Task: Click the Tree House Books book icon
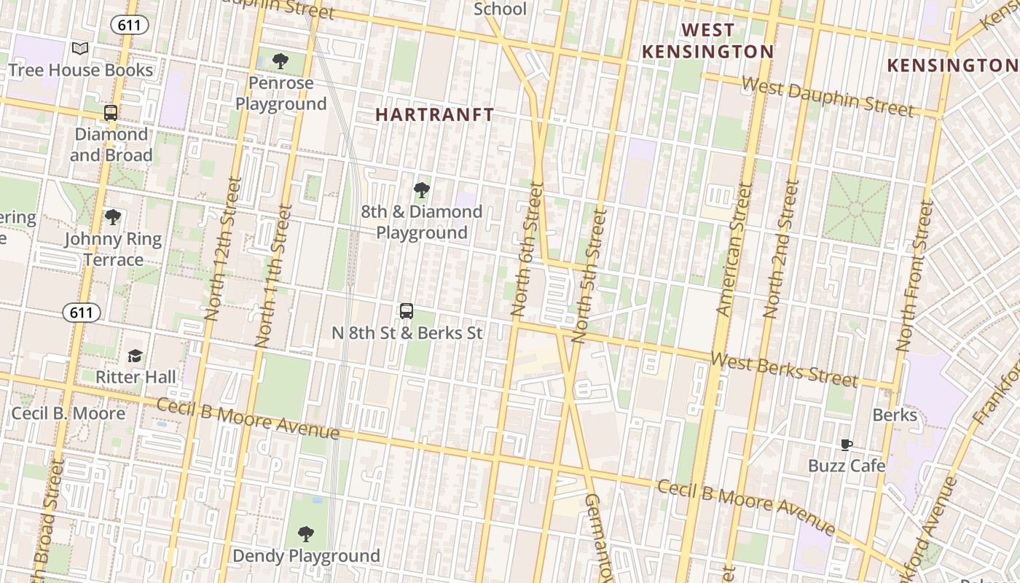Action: pos(80,49)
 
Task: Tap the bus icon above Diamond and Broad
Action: pos(111,113)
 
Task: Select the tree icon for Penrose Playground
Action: pos(280,61)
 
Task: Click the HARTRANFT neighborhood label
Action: pos(435,114)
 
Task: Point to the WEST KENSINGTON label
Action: pos(707,41)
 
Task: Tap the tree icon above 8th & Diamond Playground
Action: pos(421,191)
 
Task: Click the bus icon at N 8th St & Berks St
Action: pos(407,311)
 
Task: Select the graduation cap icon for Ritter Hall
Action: pos(136,356)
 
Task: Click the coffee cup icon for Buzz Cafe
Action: pos(846,445)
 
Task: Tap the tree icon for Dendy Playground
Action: pos(306,534)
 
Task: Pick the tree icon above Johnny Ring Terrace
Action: pos(112,217)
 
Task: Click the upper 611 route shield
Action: pos(130,26)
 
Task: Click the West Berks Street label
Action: pos(784,369)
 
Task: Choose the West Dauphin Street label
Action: pos(827,96)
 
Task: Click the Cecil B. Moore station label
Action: pos(68,413)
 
